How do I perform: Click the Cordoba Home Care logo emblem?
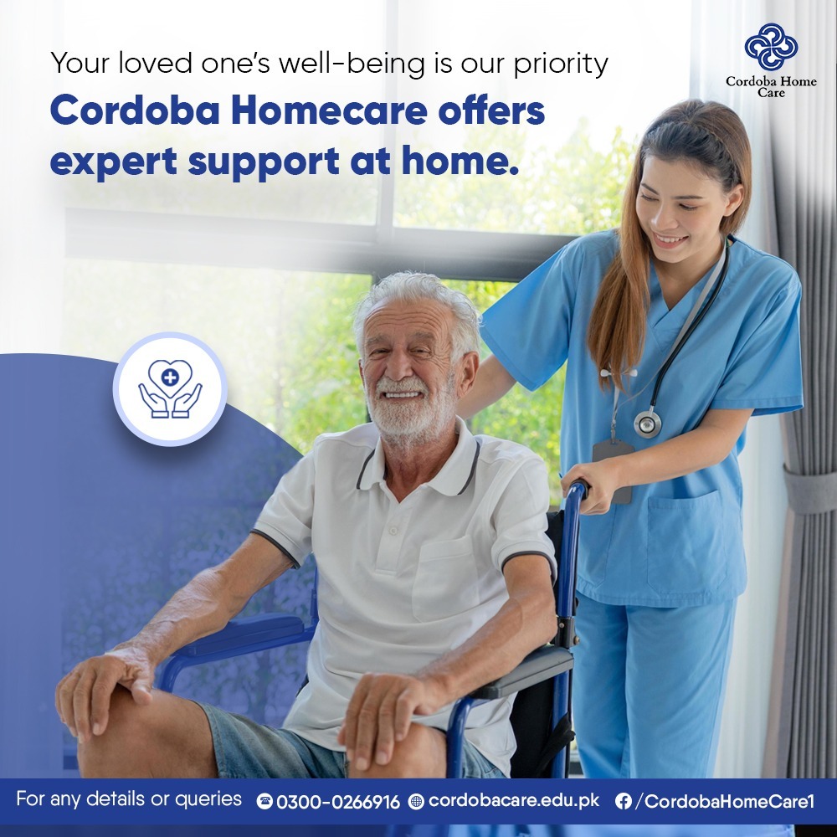tap(771, 47)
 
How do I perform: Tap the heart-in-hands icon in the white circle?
tap(170, 388)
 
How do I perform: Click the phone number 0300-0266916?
tap(338, 802)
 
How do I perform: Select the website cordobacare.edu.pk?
tap(514, 801)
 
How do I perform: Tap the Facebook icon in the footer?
tap(623, 801)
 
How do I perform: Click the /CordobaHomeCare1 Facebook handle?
tap(725, 801)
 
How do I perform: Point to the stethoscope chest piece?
tap(648, 424)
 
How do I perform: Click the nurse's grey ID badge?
tap(613, 470)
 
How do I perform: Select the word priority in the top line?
tap(561, 65)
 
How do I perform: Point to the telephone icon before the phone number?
tap(264, 801)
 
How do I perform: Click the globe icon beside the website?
tap(416, 801)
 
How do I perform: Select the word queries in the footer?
tap(208, 799)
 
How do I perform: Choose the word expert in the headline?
tap(114, 162)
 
